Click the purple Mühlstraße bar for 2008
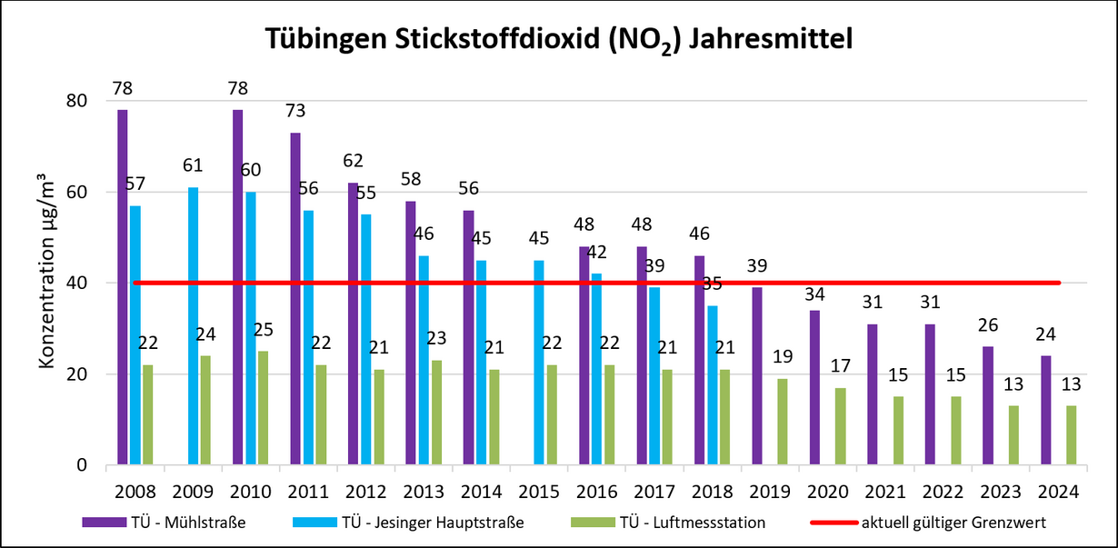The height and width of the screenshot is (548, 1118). pyautogui.click(x=123, y=291)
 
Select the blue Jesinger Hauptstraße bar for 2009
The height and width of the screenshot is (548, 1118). pyautogui.click(x=193, y=327)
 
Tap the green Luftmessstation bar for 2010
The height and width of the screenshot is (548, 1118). pyautogui.click(x=263, y=409)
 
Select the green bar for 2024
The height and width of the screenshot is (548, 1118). pyautogui.click(x=1071, y=436)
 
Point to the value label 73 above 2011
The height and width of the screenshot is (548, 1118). pyautogui.click(x=294, y=111)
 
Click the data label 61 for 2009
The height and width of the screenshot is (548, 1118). pyautogui.click(x=192, y=165)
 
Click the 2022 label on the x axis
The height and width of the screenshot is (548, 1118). pyautogui.click(x=943, y=492)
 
